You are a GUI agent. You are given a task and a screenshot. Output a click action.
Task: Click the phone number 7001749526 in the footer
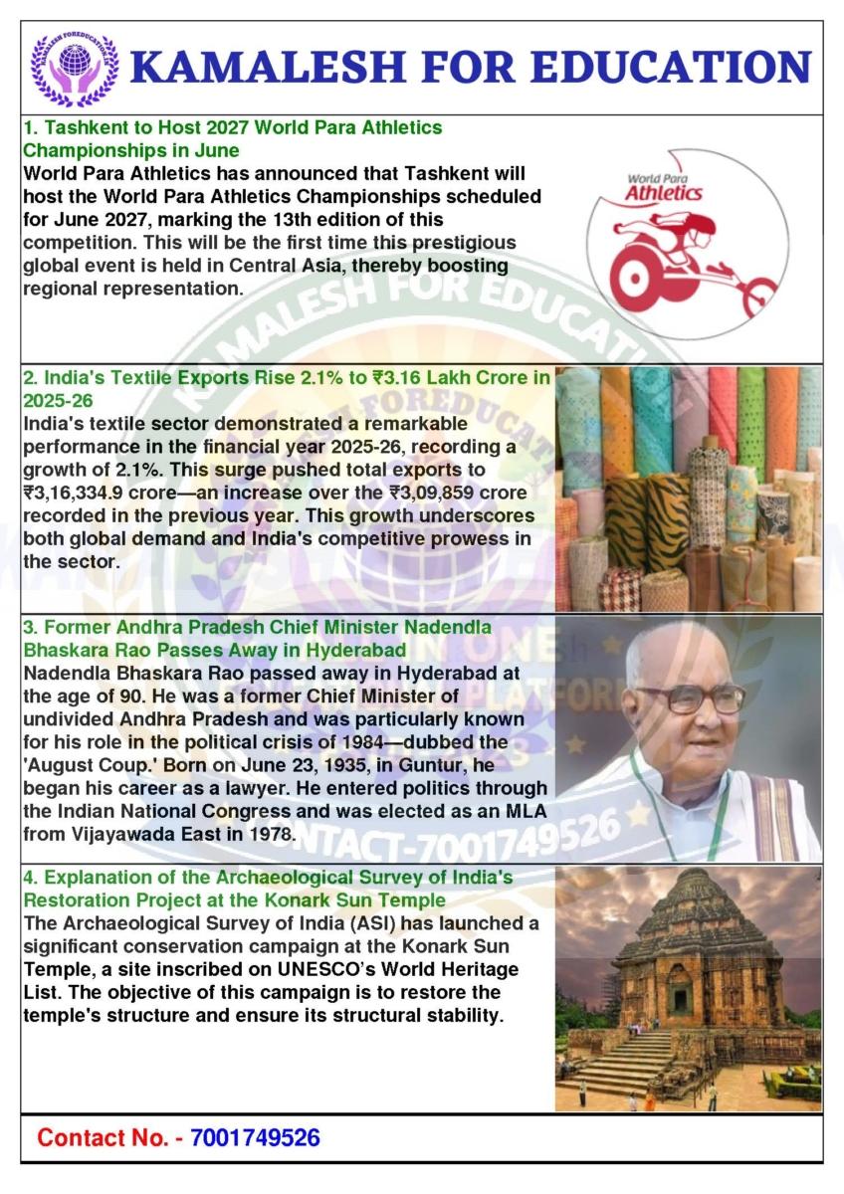click(255, 1137)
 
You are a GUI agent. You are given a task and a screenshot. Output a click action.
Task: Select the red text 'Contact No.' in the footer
click(103, 1137)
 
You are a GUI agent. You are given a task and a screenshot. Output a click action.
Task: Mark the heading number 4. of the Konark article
click(31, 877)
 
